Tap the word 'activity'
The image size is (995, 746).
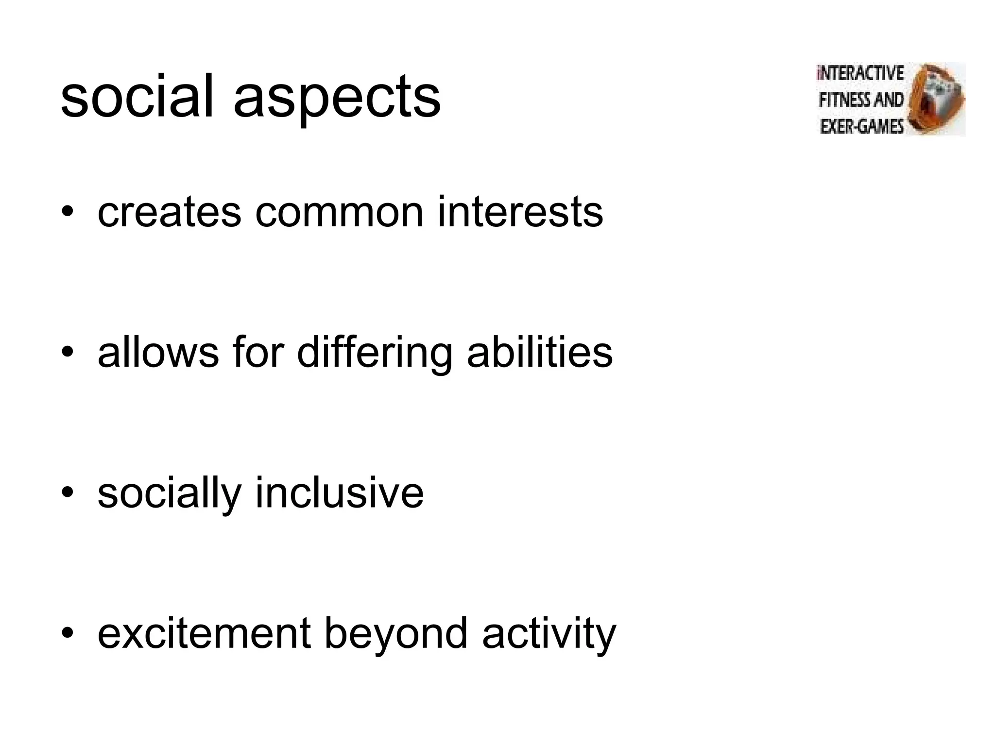pos(549,634)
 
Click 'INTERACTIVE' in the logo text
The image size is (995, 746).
pos(860,73)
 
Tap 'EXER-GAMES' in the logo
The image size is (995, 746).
pos(861,127)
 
